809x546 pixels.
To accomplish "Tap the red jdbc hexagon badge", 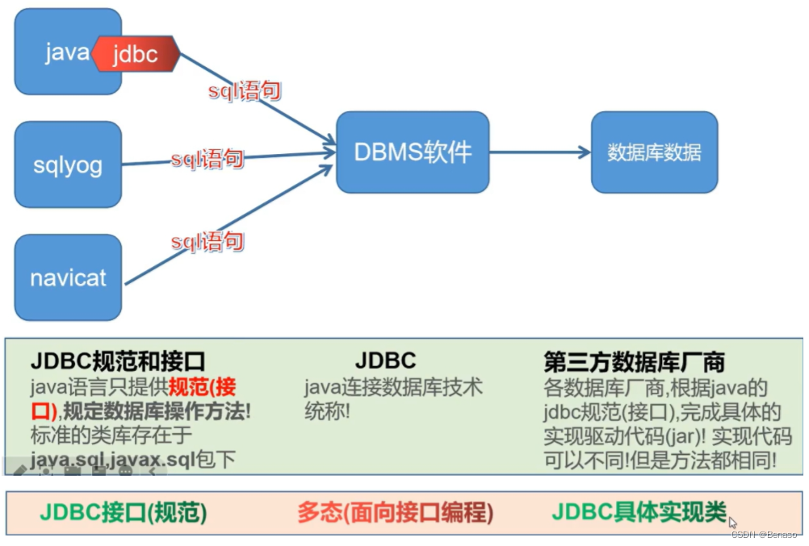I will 135,54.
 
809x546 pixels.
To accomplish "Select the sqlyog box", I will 68,165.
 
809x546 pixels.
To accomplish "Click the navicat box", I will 68,278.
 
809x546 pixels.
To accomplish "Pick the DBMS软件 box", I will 413,152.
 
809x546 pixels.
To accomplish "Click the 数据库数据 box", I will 654,152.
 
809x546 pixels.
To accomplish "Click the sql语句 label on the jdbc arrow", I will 245,90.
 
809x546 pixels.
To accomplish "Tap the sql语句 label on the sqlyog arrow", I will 207,159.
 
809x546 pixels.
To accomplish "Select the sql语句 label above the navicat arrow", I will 207,241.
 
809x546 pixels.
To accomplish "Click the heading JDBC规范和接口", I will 118,361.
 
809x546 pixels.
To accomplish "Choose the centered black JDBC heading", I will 385,361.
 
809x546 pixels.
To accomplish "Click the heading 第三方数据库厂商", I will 634,361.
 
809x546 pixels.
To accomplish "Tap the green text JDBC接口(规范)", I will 124,512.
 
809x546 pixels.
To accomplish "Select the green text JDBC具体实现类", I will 639,512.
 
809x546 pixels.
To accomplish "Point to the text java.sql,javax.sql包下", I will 133,460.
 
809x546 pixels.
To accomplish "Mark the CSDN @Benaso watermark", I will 765,534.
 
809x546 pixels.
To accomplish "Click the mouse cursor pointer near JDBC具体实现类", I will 732,522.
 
